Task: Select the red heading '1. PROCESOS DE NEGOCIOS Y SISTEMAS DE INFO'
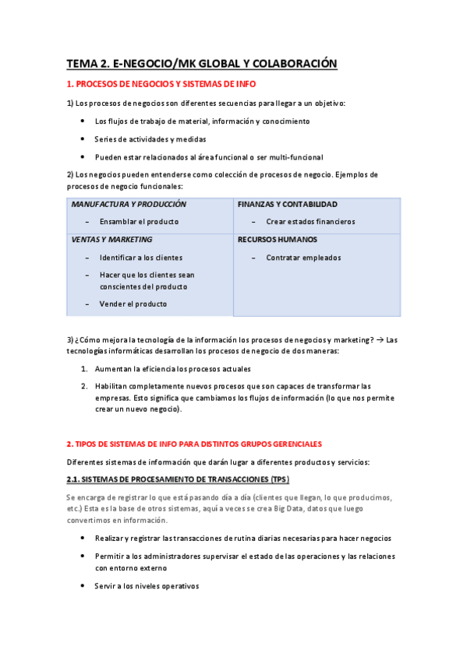click(x=161, y=84)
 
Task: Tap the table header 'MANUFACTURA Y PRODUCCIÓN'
click(x=129, y=204)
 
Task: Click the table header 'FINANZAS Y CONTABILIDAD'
click(x=288, y=204)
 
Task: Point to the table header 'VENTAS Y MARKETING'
click(x=112, y=240)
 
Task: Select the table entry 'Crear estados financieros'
click(x=310, y=222)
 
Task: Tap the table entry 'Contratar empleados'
click(x=303, y=258)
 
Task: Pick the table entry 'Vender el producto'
click(x=133, y=304)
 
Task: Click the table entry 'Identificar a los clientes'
click(x=140, y=258)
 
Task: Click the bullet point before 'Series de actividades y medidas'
click(x=83, y=139)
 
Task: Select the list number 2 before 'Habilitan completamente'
click(x=83, y=386)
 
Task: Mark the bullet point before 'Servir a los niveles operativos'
click(x=83, y=586)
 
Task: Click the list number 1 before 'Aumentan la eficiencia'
click(x=83, y=368)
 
